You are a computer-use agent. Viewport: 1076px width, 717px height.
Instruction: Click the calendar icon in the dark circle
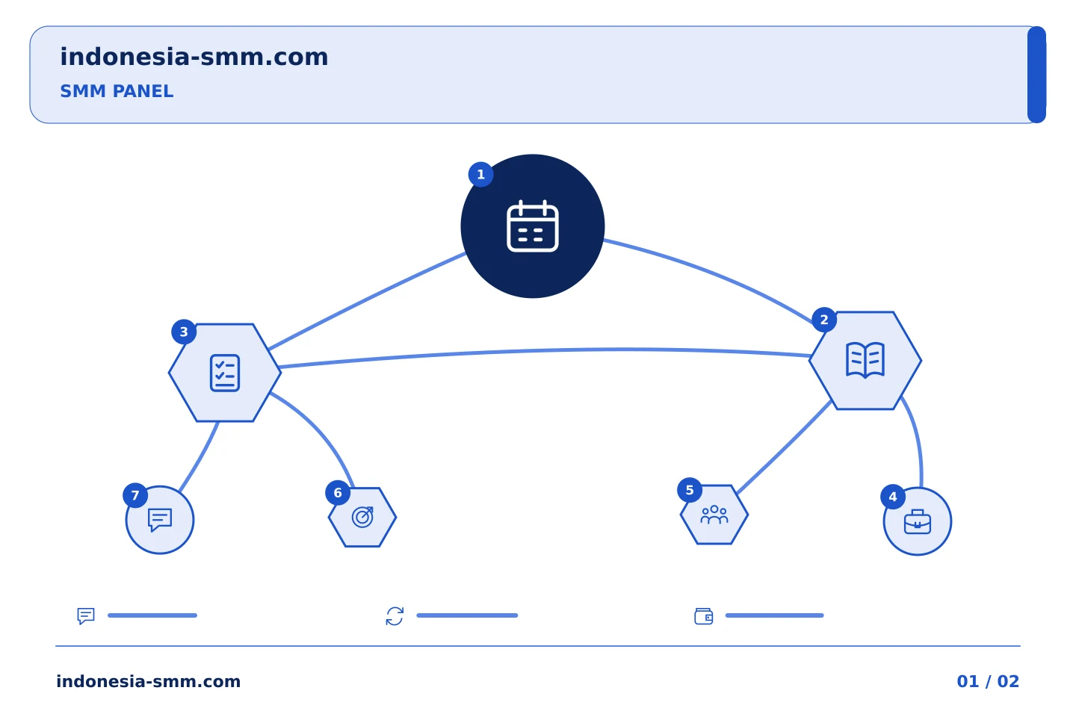(x=532, y=226)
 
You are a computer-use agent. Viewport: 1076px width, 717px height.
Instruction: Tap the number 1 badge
(x=480, y=174)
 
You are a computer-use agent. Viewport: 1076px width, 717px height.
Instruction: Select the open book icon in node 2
(x=865, y=360)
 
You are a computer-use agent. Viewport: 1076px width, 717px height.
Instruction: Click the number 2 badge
(x=823, y=320)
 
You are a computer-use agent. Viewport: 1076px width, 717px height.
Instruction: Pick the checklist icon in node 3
(x=225, y=373)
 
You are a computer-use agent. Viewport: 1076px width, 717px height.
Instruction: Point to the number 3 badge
(x=184, y=332)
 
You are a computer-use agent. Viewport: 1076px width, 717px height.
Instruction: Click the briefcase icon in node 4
(x=917, y=521)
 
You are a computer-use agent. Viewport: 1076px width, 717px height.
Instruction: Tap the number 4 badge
(x=892, y=497)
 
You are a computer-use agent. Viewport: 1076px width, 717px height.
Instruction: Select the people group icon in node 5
(x=714, y=515)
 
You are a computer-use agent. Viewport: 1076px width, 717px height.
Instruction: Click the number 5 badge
(x=689, y=491)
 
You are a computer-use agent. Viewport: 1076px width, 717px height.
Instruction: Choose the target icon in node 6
(x=362, y=518)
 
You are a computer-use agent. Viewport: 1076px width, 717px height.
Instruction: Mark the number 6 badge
(x=338, y=493)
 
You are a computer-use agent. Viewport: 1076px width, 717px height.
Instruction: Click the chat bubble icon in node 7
(x=160, y=520)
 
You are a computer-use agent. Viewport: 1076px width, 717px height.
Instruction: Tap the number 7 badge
(x=135, y=495)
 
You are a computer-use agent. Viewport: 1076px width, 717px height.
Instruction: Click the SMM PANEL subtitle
(x=117, y=91)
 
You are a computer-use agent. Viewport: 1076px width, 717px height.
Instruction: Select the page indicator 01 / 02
(x=988, y=681)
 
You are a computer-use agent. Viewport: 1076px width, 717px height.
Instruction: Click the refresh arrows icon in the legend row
(x=395, y=616)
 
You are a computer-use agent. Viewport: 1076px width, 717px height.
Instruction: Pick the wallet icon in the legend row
(x=703, y=616)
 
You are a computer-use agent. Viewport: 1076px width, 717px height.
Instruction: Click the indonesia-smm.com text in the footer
(x=149, y=681)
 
